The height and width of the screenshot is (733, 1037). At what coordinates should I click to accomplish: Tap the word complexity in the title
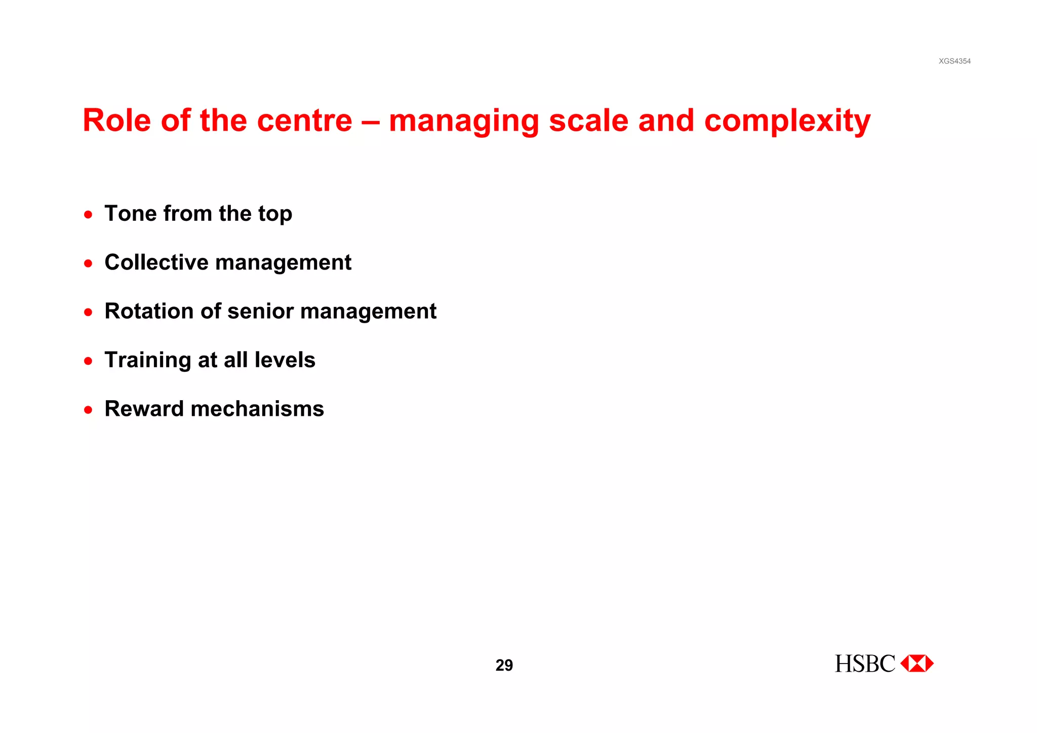pyautogui.click(x=787, y=122)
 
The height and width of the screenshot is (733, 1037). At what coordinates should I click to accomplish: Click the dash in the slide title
pyautogui.click(x=370, y=122)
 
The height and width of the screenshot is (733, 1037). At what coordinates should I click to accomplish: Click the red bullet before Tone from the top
pyautogui.click(x=88, y=215)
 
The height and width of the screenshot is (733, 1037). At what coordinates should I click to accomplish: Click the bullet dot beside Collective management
pyautogui.click(x=88, y=263)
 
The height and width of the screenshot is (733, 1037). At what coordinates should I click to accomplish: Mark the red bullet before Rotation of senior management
pyautogui.click(x=88, y=313)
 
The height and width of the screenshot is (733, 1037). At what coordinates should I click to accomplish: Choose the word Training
pyautogui.click(x=147, y=361)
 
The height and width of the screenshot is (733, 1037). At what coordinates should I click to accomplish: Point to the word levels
pyautogui.click(x=285, y=360)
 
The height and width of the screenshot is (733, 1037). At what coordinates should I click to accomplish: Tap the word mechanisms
pyautogui.click(x=257, y=409)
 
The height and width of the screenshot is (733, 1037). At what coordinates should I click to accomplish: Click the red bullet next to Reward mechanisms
pyautogui.click(x=88, y=410)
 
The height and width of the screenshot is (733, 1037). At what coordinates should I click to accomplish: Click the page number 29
pyautogui.click(x=504, y=665)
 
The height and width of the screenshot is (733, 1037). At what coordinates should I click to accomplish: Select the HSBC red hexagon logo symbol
pyautogui.click(x=917, y=664)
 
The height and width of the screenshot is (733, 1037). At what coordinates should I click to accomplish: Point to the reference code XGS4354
pyautogui.click(x=954, y=61)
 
